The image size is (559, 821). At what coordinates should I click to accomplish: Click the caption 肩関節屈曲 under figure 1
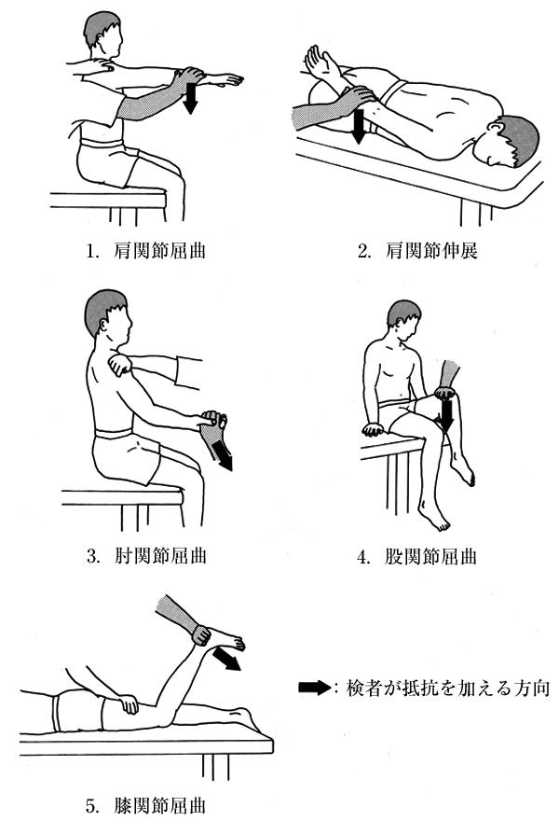pos(160,251)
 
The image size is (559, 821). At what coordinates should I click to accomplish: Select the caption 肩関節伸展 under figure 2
pos(431,251)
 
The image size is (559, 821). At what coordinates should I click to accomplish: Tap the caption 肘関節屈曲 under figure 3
pos(160,555)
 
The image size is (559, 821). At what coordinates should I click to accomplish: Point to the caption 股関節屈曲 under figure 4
pos(430,555)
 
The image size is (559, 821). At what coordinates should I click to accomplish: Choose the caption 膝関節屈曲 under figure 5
pos(160,805)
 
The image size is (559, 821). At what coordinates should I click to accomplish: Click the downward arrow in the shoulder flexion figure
pos(190,98)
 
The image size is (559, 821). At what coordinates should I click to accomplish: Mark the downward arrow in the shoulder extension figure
pos(358,126)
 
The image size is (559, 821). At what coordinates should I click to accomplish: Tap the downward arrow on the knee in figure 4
pos(446,417)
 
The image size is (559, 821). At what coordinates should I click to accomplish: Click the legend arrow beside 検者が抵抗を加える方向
pos(314,688)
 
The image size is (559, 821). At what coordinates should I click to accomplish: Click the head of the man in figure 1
pos(103,34)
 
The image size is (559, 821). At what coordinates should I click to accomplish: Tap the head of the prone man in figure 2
pos(510,142)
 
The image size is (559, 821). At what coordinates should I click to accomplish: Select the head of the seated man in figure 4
pos(403,319)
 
